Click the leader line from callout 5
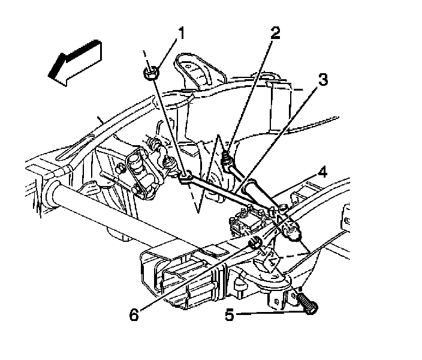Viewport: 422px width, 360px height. (x=270, y=313)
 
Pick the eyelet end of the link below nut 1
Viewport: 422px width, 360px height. (x=186, y=176)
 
